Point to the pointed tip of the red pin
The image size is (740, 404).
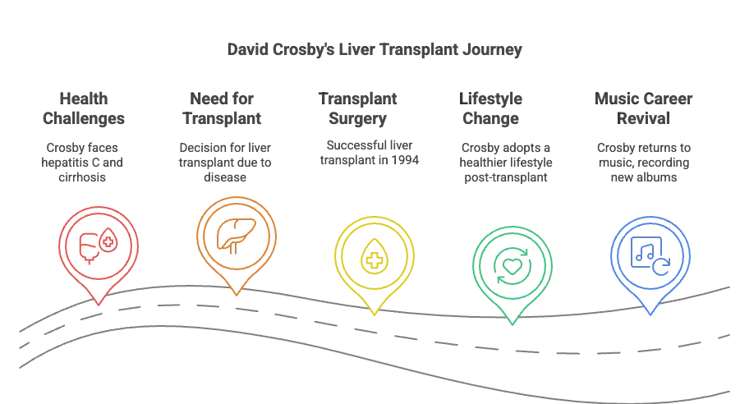click(x=98, y=304)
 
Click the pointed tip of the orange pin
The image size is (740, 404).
click(x=236, y=294)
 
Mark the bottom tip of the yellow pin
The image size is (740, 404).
click(x=375, y=315)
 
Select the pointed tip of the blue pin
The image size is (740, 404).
click(x=650, y=314)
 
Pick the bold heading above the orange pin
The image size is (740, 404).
click(x=226, y=108)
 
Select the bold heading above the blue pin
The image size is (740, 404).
click(x=644, y=108)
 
